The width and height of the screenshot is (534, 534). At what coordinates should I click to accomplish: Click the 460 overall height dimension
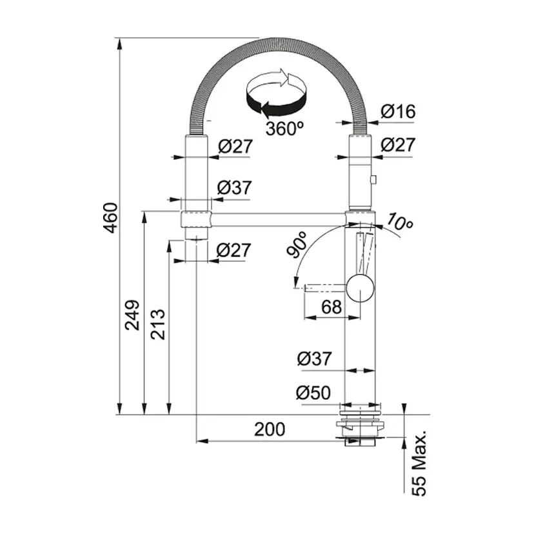click(111, 218)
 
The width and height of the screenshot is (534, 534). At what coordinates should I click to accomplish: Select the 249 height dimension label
click(132, 315)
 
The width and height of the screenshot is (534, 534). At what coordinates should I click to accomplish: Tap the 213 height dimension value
click(157, 324)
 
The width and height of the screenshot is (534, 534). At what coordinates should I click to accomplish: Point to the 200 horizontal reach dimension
click(270, 430)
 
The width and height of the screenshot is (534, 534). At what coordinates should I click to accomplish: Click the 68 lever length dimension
click(331, 307)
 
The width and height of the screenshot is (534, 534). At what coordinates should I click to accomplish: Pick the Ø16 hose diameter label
click(398, 112)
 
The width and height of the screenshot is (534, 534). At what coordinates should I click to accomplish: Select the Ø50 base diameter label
click(313, 393)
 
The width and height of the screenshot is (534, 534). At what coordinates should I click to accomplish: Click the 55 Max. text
click(419, 463)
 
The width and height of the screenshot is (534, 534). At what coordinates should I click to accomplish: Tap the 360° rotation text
click(284, 129)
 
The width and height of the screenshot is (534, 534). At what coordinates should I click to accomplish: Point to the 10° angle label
click(399, 222)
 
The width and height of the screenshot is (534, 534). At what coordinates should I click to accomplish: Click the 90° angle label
click(297, 244)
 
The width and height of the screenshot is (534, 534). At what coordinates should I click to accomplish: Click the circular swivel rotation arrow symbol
click(276, 93)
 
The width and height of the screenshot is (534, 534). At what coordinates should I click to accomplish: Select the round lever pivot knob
click(360, 288)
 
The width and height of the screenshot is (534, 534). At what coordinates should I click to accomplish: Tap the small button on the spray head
click(373, 179)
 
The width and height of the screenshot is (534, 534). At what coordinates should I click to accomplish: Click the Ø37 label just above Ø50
click(314, 359)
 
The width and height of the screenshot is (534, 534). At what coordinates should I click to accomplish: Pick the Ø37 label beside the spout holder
click(234, 188)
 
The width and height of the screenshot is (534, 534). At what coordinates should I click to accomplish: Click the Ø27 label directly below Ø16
click(398, 144)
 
